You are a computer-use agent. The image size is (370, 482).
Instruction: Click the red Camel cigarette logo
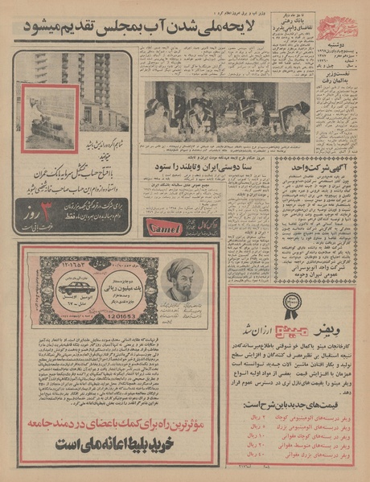(162, 229)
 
